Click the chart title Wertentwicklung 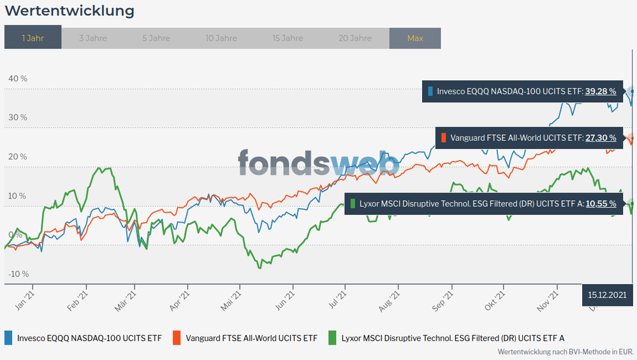(x=70, y=11)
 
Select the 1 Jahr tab (x=33, y=38)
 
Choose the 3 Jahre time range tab (x=93, y=38)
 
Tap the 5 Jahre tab (x=156, y=38)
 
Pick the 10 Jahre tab (x=221, y=38)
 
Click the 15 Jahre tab (x=288, y=38)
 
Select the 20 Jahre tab (x=355, y=38)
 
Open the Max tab (x=415, y=38)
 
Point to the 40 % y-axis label (x=18, y=78)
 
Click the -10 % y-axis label (x=18, y=274)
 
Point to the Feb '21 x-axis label (x=77, y=298)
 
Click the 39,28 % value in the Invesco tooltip (x=601, y=92)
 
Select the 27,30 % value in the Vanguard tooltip (x=601, y=137)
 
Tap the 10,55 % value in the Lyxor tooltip (x=601, y=204)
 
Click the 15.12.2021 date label (x=608, y=294)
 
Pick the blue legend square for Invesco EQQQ (x=8, y=338)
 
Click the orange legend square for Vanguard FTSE (x=177, y=338)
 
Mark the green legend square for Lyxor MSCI (x=332, y=338)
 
